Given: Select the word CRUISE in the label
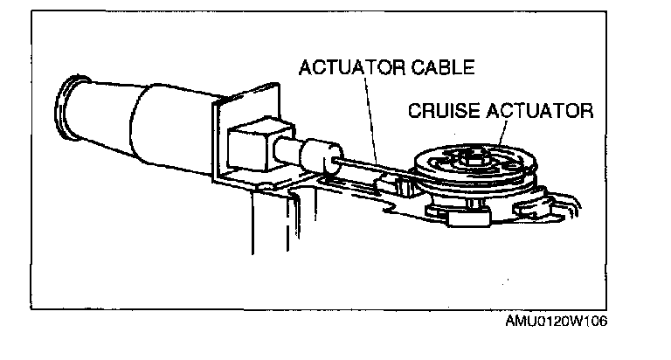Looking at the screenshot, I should coord(438,111).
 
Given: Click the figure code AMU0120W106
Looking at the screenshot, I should coord(556,320).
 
